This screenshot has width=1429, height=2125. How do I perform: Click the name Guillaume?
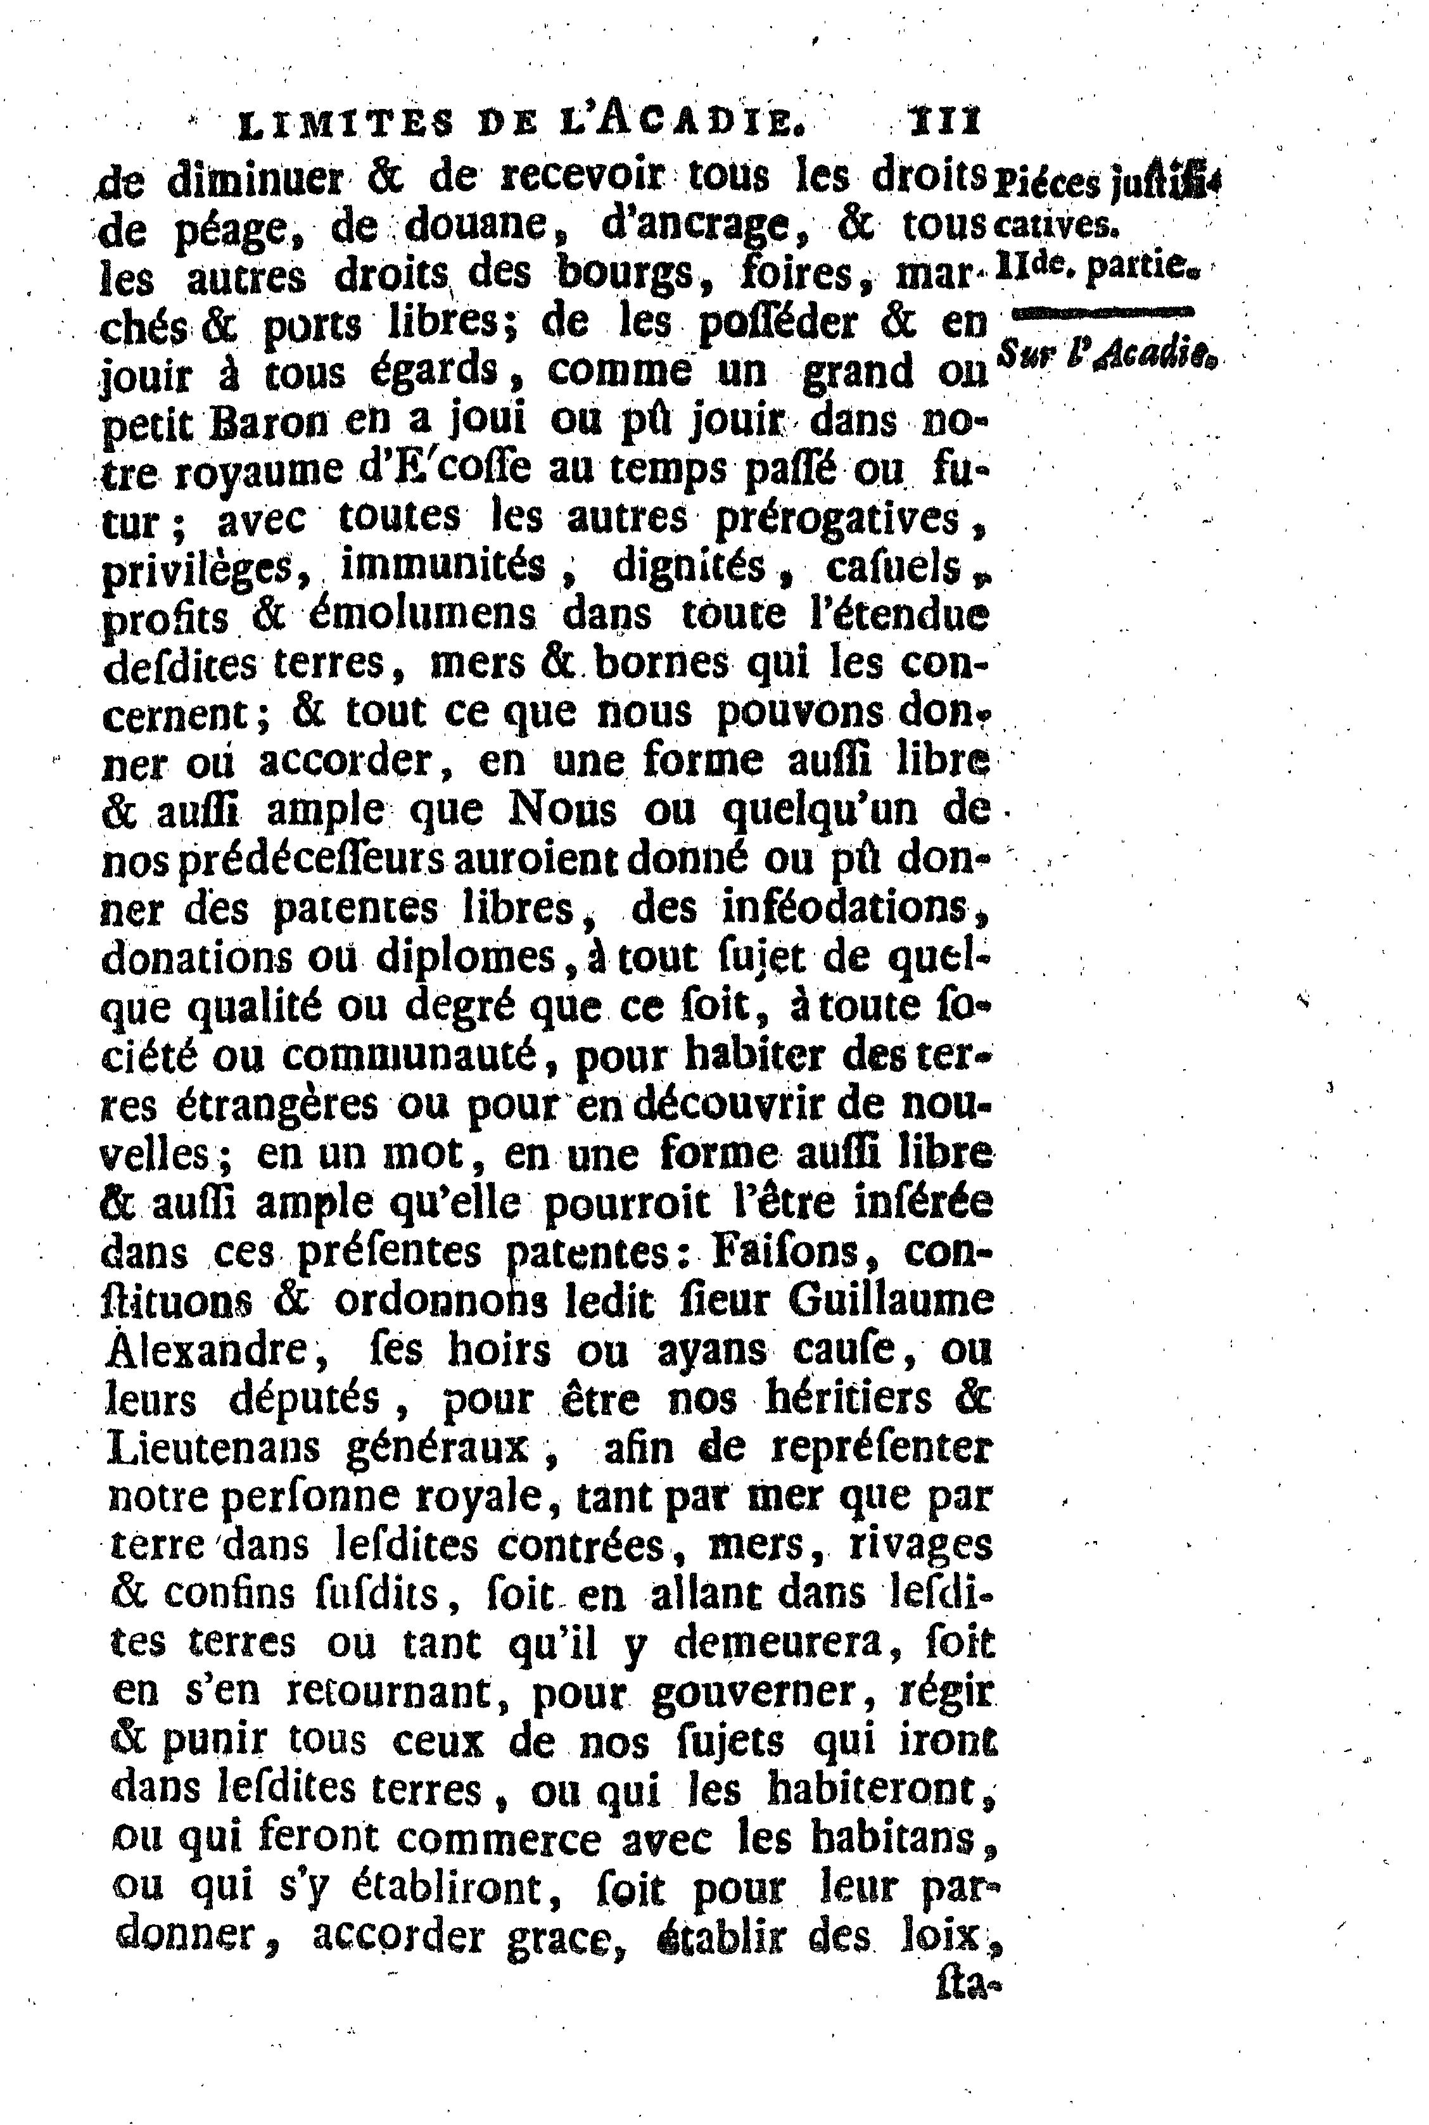click(x=891, y=1300)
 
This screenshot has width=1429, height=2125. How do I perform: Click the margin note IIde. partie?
click(x=1097, y=266)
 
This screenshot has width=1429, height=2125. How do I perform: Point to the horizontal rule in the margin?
click(x=1103, y=312)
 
